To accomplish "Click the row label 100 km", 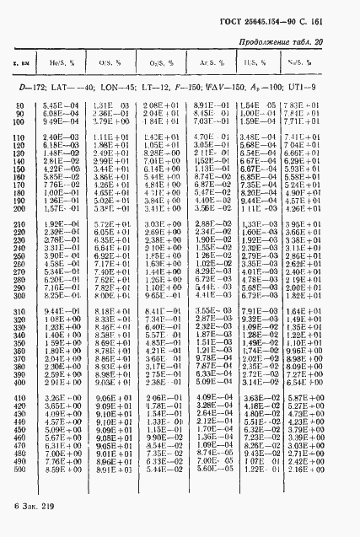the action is coord(20,121).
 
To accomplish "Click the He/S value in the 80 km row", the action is coord(58,104).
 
